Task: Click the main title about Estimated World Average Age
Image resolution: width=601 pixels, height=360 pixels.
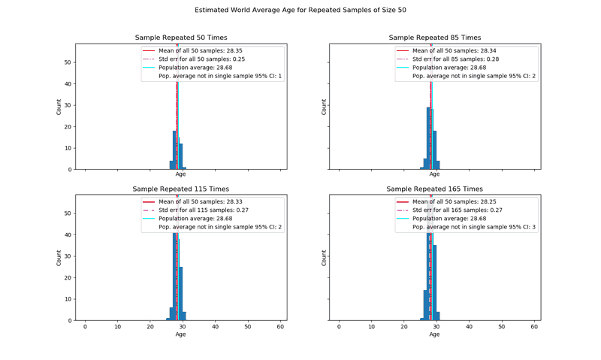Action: point(300,11)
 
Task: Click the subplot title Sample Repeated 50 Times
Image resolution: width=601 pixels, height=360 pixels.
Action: point(181,38)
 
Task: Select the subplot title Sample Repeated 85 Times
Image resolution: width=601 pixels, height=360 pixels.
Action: point(435,38)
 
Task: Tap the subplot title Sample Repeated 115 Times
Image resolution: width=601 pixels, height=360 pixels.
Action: point(181,189)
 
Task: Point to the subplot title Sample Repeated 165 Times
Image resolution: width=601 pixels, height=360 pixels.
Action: point(435,189)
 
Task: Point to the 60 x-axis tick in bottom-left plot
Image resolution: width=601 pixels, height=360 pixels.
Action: point(280,327)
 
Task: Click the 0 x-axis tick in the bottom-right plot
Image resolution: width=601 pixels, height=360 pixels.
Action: point(339,327)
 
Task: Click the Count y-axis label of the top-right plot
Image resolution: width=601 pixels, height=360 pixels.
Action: point(325,107)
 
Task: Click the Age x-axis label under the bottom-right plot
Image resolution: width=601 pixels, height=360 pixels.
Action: point(435,334)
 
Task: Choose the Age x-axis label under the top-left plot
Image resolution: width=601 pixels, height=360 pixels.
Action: point(181,174)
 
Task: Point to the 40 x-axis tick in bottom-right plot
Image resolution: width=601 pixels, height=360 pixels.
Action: point(469,327)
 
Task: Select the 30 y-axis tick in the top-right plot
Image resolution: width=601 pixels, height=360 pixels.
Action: point(322,105)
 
